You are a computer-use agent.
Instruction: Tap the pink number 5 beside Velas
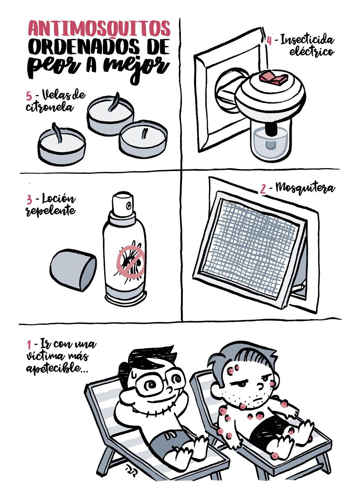tap(29, 96)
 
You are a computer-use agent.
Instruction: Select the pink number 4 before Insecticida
tap(269, 41)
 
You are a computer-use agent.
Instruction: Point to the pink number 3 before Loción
tap(29, 200)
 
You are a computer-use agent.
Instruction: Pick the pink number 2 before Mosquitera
tap(263, 189)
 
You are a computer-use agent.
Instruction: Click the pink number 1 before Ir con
tap(29, 345)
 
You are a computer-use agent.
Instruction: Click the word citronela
tap(49, 107)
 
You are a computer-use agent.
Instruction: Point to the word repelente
tap(51, 211)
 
